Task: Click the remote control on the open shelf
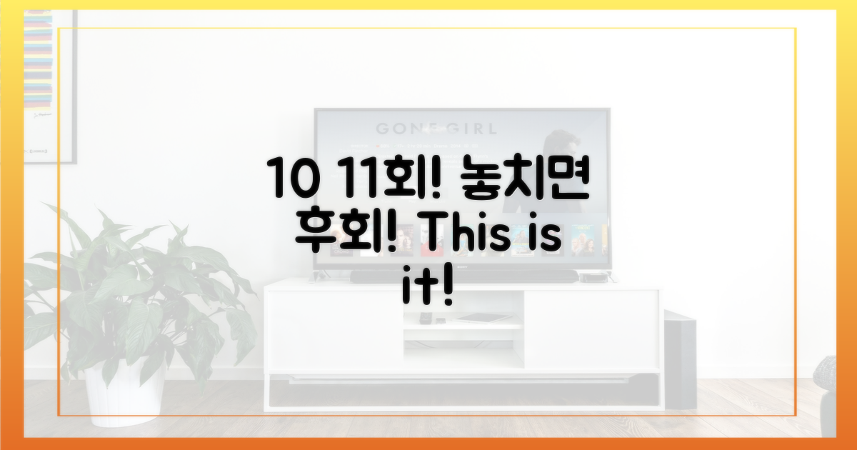426,318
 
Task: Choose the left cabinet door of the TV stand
332,329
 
